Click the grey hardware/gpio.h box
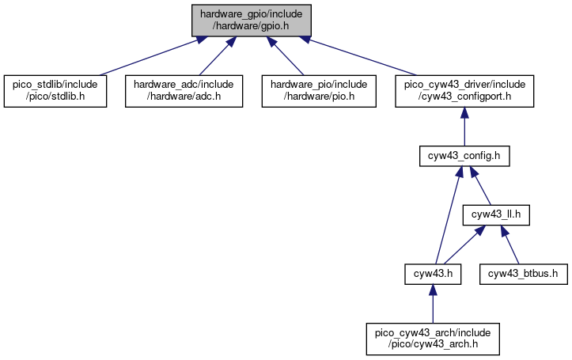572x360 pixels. click(252, 21)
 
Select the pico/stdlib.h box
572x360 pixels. click(55, 91)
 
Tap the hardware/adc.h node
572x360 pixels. click(184, 91)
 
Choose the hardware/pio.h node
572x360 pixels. click(319, 91)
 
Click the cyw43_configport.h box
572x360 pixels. click(464, 91)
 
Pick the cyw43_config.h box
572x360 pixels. click(464, 156)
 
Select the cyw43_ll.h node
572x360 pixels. click(496, 215)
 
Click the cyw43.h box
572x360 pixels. click(433, 274)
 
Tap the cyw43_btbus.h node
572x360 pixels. click(524, 274)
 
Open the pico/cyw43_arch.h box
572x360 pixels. click(433, 339)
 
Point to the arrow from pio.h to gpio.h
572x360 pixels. click(286, 56)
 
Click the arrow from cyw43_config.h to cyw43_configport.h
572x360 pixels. click(464, 127)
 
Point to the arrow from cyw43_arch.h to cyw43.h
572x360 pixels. click(433, 304)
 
